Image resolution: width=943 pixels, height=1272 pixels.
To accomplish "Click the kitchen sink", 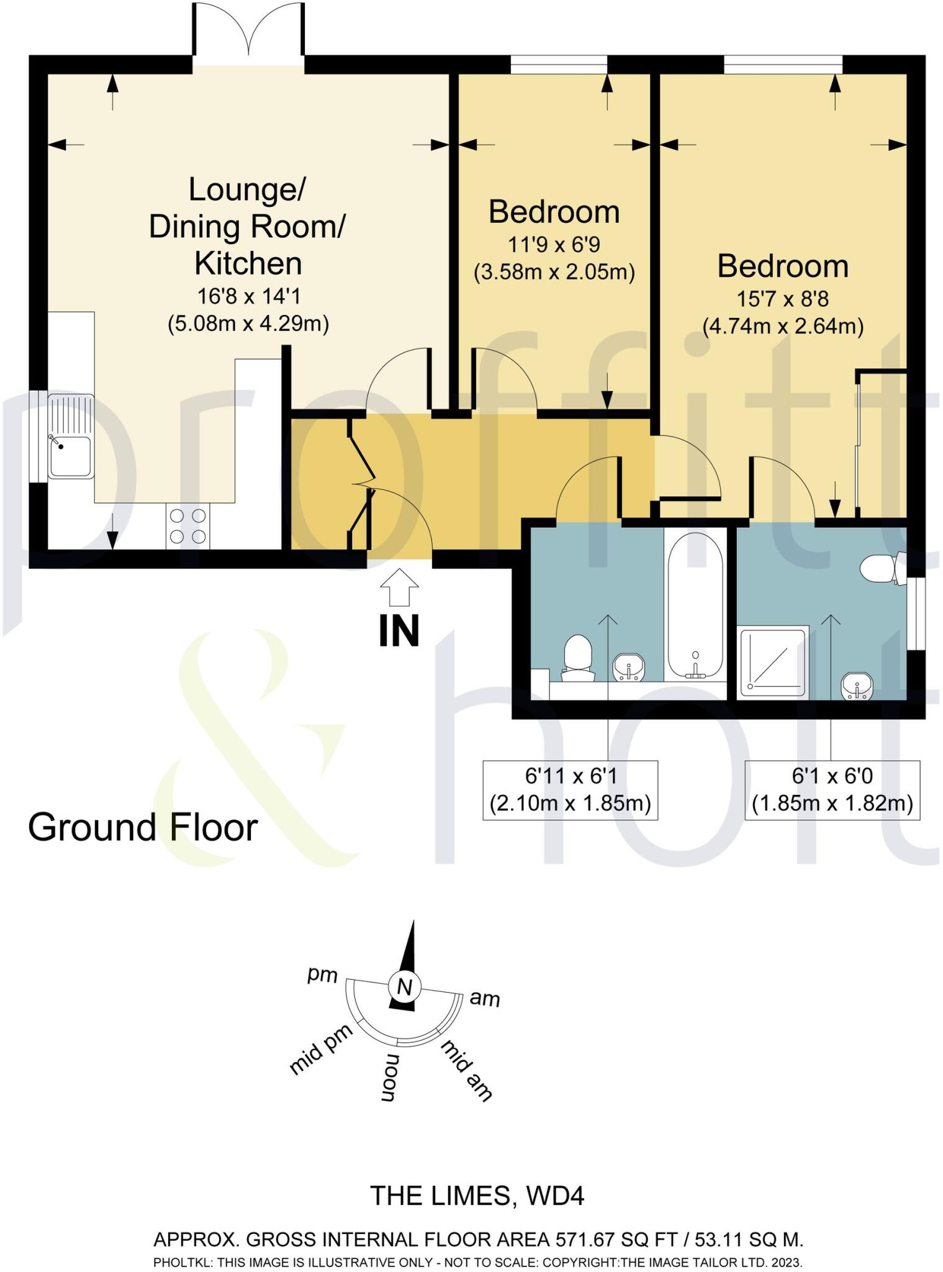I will [x=70, y=437].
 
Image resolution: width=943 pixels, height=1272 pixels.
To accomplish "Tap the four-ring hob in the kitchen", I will [x=187, y=526].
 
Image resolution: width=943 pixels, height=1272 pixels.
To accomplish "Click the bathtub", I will [x=695, y=604].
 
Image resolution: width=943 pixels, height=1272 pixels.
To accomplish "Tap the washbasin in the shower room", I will [x=857, y=686].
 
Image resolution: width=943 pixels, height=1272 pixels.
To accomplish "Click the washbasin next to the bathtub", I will [x=629, y=668].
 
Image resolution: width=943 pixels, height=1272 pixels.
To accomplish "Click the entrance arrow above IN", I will [x=399, y=586].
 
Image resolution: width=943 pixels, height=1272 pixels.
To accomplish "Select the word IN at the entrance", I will [x=399, y=630].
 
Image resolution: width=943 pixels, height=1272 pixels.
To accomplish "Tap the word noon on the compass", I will [x=388, y=1078].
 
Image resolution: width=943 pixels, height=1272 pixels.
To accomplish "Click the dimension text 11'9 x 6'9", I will [x=554, y=245].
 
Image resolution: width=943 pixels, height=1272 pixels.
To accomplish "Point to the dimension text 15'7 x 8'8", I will [x=782, y=299].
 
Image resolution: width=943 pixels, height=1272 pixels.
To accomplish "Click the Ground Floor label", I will [x=143, y=827].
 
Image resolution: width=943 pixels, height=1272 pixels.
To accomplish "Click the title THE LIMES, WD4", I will [x=477, y=1196].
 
